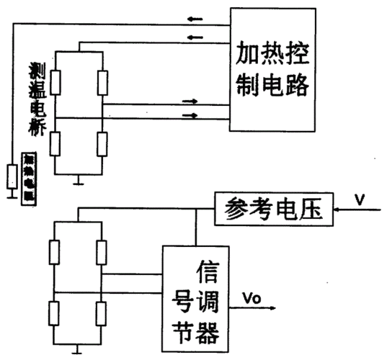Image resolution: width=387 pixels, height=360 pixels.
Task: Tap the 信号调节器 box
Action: click(x=195, y=295)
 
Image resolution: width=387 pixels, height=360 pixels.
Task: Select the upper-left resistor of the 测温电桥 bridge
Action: click(x=54, y=84)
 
